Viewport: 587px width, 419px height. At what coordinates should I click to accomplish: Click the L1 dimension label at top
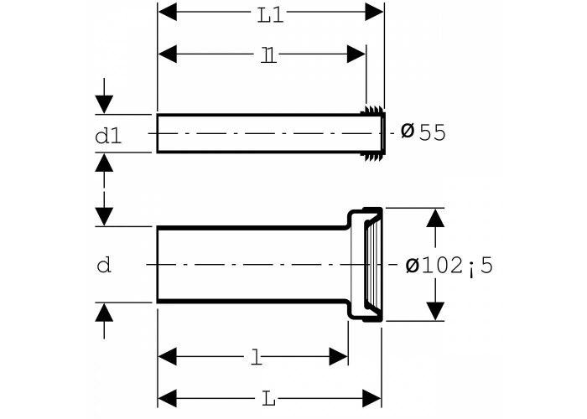tap(270, 16)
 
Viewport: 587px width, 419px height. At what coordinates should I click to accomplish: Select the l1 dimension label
tap(268, 55)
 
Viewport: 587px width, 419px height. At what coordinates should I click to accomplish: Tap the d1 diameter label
tap(108, 136)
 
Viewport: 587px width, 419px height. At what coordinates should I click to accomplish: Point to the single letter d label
tap(104, 265)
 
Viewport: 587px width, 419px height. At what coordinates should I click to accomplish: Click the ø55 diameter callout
tap(423, 132)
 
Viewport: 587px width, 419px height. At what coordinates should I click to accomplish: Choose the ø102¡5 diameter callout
tap(449, 266)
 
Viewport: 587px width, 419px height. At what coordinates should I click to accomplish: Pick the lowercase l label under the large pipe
tap(256, 357)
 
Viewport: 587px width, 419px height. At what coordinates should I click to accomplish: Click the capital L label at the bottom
tap(268, 399)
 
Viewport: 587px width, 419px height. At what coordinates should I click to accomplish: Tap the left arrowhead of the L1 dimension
tap(168, 12)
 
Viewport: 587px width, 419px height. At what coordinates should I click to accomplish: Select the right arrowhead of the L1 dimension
tap(374, 12)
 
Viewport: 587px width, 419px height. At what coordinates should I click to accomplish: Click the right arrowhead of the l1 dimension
tap(356, 54)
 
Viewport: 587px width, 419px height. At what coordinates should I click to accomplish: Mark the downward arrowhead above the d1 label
tap(104, 105)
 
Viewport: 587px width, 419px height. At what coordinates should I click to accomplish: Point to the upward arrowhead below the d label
tap(104, 313)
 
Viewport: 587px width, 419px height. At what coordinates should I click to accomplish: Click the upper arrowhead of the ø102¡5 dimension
tap(435, 218)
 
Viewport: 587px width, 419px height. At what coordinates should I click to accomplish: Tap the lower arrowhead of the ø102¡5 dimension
tap(435, 311)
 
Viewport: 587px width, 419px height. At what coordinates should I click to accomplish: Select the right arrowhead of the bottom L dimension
tap(371, 398)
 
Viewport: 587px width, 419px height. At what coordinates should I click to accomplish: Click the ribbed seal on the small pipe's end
tap(373, 133)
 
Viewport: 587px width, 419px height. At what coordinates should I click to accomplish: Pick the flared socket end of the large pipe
tap(365, 264)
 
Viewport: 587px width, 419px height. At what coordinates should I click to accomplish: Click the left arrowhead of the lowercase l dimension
tap(168, 356)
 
